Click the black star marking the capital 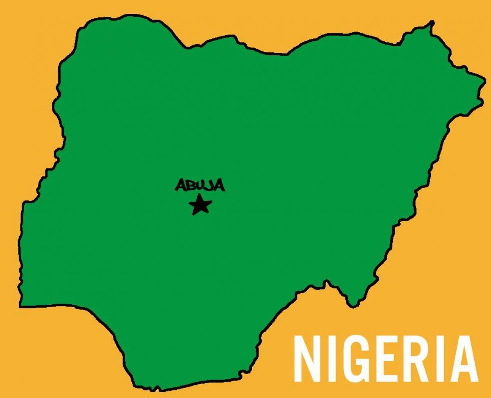pyautogui.click(x=200, y=205)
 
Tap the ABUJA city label pyautogui.click(x=200, y=186)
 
